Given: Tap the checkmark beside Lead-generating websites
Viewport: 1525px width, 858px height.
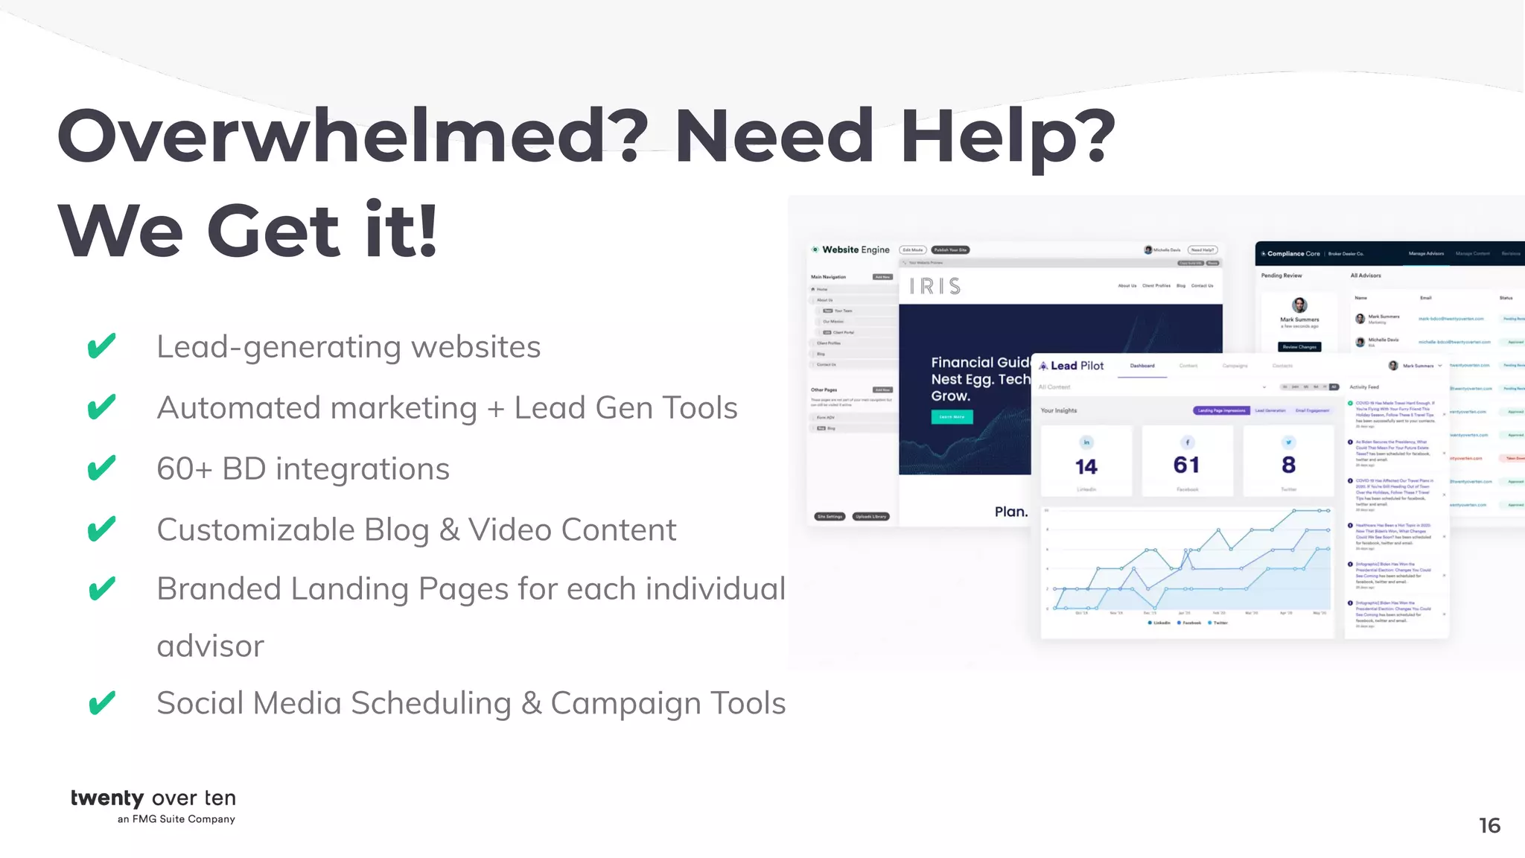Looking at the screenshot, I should [101, 346].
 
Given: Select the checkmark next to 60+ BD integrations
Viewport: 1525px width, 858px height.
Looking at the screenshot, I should [101, 468].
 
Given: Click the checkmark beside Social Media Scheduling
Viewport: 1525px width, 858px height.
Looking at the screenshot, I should [101, 702].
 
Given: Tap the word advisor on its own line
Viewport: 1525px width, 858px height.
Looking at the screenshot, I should [211, 646].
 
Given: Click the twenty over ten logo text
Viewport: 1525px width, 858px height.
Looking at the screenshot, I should [153, 798].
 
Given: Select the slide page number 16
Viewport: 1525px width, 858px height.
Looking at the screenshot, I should [1489, 825].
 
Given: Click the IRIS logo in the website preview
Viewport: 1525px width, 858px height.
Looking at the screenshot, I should [935, 286].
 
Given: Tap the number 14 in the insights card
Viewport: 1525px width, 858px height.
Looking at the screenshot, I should [1086, 467].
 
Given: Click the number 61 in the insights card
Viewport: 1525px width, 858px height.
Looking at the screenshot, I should [1187, 465].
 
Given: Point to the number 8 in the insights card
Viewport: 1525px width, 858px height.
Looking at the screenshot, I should [1289, 465].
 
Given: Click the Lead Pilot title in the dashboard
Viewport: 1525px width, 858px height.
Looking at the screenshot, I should [1077, 366].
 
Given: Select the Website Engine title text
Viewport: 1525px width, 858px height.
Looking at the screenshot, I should [856, 250].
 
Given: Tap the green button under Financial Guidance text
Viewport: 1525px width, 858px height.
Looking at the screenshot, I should [952, 417].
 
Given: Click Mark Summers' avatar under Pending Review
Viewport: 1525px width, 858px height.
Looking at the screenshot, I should [1299, 305].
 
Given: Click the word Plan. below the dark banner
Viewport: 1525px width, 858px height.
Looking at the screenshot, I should [1011, 512].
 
